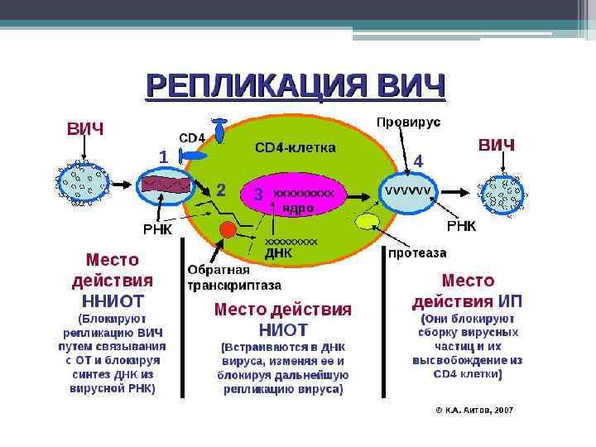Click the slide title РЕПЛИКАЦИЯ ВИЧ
[x=295, y=86]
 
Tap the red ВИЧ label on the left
[x=85, y=129]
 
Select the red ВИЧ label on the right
[x=497, y=146]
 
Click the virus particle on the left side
[x=83, y=185]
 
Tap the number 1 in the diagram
[x=164, y=156]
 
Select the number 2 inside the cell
[x=221, y=190]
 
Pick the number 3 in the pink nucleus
[x=258, y=195]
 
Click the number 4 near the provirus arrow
[x=418, y=161]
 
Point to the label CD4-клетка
[x=295, y=148]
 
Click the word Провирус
[x=408, y=122]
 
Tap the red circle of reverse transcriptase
[x=225, y=228]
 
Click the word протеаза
[x=417, y=252]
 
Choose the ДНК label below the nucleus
[x=278, y=253]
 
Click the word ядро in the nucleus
[x=298, y=209]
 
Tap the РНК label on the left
[x=157, y=229]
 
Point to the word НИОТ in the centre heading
[x=283, y=329]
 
